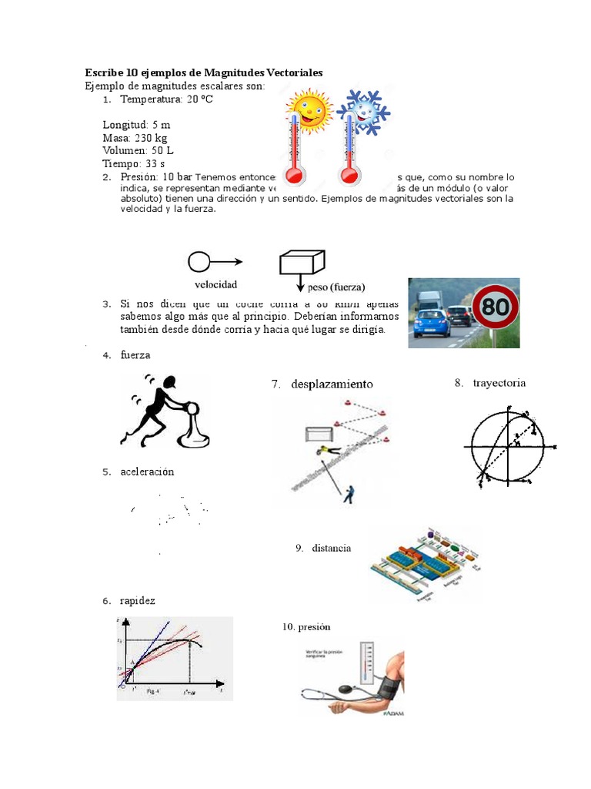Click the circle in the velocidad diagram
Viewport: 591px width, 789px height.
coord(199,262)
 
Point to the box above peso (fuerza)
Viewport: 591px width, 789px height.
coord(305,262)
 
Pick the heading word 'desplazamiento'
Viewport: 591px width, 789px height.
coord(332,384)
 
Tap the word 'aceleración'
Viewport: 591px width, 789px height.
coord(147,472)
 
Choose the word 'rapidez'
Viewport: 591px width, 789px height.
coord(137,600)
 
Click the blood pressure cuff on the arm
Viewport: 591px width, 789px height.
coord(389,683)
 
